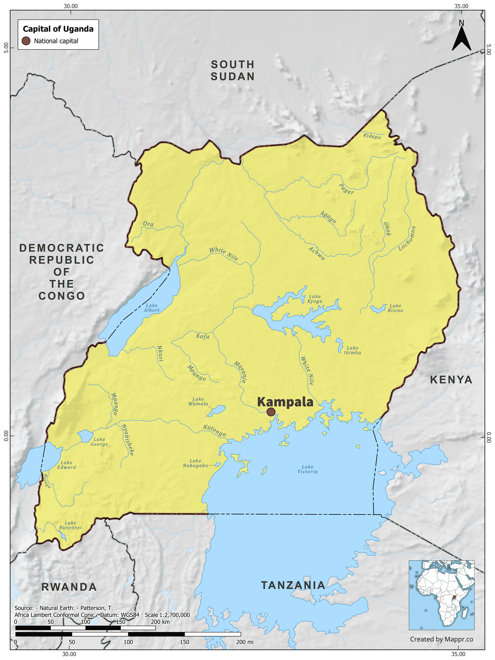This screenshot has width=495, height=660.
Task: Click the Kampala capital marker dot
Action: coord(271,412)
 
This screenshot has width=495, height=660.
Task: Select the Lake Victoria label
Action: coord(307,469)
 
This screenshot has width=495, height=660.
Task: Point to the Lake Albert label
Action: coord(152,308)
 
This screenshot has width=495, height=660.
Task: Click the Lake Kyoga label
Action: coord(315,299)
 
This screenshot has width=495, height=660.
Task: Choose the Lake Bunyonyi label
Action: coord(71,525)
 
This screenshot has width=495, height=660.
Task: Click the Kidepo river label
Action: coord(372,136)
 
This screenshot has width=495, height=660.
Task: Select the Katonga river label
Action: coord(214,431)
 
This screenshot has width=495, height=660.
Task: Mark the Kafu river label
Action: coord(203,336)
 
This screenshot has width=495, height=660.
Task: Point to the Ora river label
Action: coord(148,224)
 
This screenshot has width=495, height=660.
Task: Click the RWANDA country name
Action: coord(69,587)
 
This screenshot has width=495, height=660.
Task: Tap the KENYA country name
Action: coord(451,380)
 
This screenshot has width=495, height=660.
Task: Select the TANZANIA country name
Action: coord(293,585)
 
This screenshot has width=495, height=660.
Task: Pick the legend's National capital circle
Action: coord(26,41)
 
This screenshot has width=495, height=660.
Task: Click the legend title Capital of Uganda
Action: coord(58,29)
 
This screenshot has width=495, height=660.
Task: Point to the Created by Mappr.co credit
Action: coord(441,639)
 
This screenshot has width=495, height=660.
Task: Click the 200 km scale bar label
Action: coord(160,622)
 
